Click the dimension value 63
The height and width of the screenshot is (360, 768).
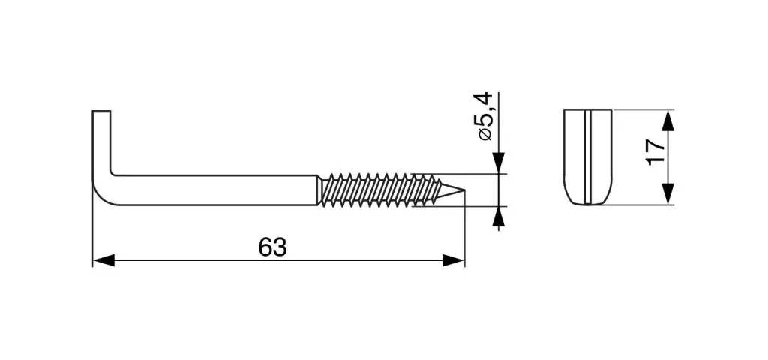point(272,247)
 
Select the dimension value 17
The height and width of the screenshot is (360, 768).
point(655,152)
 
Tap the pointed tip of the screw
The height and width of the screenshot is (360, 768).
point(463,190)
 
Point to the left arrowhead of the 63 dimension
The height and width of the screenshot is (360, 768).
point(103,260)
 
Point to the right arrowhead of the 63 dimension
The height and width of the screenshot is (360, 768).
point(453,260)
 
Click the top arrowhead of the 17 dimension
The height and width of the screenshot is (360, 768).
point(667,121)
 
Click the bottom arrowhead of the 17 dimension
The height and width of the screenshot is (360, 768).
point(667,194)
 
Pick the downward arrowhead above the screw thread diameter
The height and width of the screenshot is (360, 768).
point(499,163)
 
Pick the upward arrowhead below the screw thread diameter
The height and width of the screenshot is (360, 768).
point(499,217)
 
